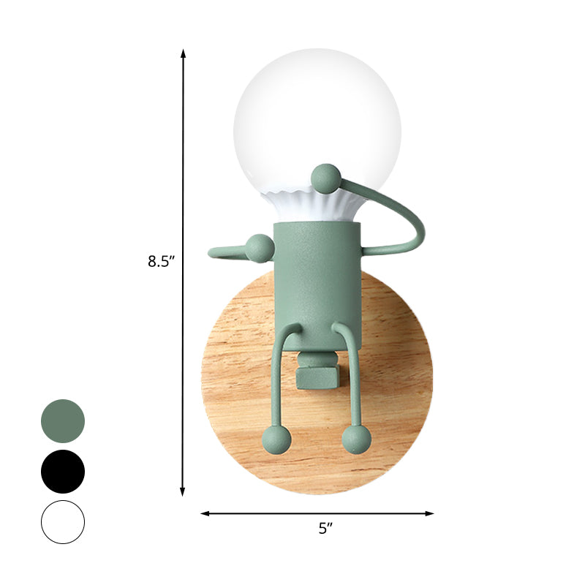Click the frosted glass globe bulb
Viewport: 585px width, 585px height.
coord(317,124)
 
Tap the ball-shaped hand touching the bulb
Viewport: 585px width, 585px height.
coord(325,178)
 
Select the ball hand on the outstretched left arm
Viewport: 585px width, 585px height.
coord(257,248)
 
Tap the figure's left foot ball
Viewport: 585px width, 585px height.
coord(276,439)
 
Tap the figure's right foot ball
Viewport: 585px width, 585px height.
coord(356,439)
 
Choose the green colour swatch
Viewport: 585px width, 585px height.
coord(63,421)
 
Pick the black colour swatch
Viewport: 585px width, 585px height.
coord(63,472)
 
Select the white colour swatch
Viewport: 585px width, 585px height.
coord(63,522)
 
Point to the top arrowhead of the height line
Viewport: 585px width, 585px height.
coord(183,53)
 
